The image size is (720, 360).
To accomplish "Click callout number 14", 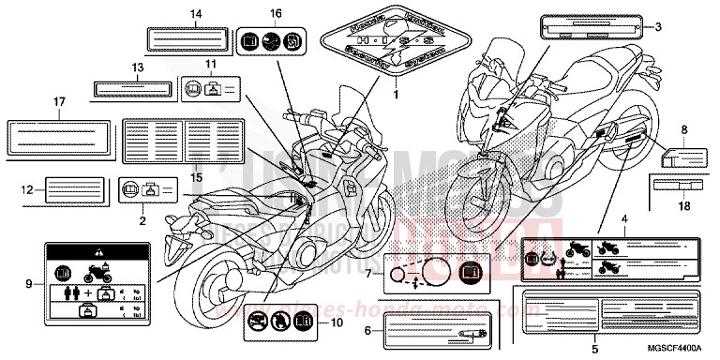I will coord(195,14).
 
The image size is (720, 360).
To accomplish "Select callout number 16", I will coord(276,14).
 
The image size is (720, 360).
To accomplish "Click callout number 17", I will coord(58,100).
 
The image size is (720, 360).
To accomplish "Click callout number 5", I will coord(594,349).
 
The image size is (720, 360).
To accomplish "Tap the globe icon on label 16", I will coord(270,41).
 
